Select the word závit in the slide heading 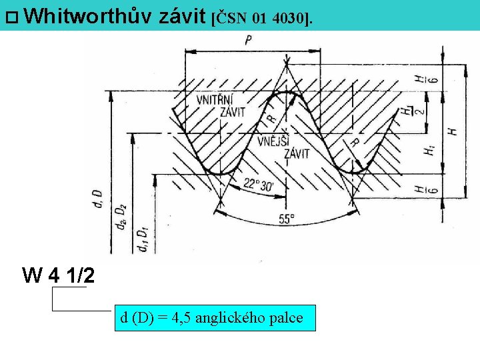click(183, 15)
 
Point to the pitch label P click(248, 41)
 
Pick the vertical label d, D click(97, 199)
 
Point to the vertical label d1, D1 click(141, 239)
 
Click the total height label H click(453, 131)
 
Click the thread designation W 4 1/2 click(58, 275)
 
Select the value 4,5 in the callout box click(181, 318)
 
